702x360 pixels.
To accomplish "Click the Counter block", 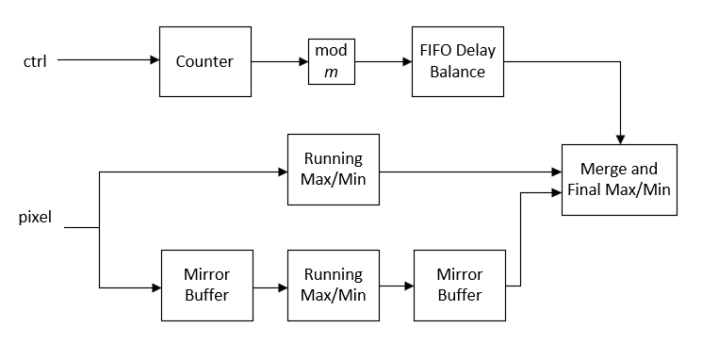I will tap(204, 61).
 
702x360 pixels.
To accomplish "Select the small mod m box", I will tap(330, 61).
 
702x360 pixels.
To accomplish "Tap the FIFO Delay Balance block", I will tap(458, 61).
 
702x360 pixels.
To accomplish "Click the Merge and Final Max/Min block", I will tap(618, 180).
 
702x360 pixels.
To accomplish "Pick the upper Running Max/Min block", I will tap(333, 170).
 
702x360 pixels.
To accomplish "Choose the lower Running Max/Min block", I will tap(333, 285).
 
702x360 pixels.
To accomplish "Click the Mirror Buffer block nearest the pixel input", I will tap(206, 285).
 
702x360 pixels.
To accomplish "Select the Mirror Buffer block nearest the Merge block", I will tap(459, 285).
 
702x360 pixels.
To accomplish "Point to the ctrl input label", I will tap(35, 62).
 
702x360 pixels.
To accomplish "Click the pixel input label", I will tap(36, 219).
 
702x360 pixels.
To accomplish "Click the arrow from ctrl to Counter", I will tap(108, 61).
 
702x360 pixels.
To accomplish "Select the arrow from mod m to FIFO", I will tap(382, 61).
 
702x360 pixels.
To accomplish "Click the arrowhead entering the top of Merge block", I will tap(620, 138).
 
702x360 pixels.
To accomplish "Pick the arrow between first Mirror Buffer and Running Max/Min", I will tap(270, 286).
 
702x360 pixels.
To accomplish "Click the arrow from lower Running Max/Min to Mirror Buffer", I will tap(397, 286).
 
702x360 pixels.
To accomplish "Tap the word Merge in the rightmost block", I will tap(602, 171).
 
